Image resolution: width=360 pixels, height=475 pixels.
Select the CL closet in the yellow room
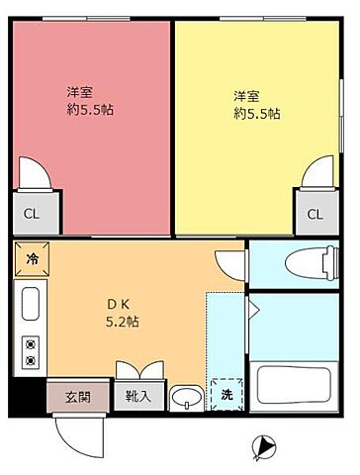tap(315, 213)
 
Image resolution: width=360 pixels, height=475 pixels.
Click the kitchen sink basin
tap(30, 303)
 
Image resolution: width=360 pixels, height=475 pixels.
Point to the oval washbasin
tap(184, 399)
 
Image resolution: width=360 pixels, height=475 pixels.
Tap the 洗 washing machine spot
tap(225, 394)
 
